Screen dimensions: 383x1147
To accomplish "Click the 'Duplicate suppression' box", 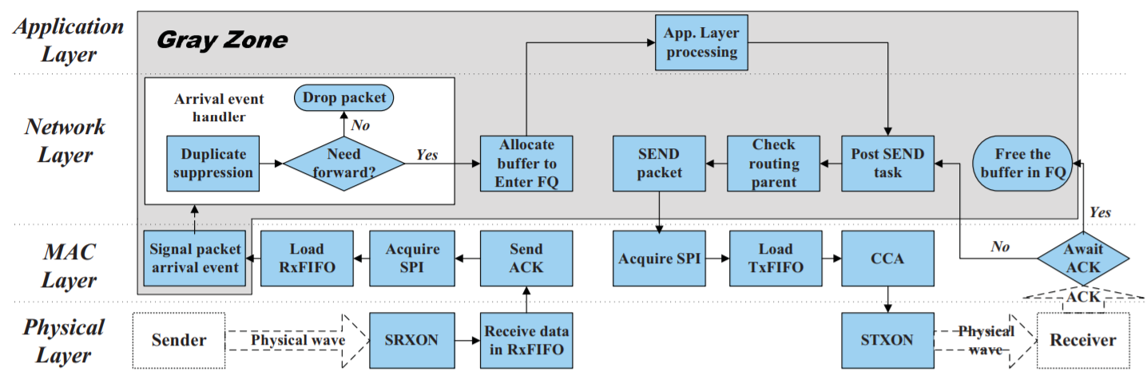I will (x=213, y=163).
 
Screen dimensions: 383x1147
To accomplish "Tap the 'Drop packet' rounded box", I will (x=344, y=98).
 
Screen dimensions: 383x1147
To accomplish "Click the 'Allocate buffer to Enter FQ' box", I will (x=526, y=163).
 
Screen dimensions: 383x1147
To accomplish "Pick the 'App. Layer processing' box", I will (x=701, y=42).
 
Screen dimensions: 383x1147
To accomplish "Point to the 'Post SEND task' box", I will (x=888, y=163).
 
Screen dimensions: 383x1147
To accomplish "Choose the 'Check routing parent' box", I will (x=773, y=163).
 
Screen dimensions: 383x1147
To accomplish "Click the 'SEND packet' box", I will (x=659, y=163).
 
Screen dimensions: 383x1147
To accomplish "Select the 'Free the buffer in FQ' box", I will (x=1022, y=164).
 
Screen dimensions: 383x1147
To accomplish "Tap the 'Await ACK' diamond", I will (x=1083, y=258).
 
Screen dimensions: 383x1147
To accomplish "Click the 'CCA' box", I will (x=887, y=258).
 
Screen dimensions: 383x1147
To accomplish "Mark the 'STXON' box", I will (x=887, y=340).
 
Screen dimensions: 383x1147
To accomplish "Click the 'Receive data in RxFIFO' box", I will (x=526, y=340).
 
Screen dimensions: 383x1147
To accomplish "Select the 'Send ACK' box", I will (x=526, y=258).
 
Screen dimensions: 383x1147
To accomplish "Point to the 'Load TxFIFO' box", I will (x=773, y=258).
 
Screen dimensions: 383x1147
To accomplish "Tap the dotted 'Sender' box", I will (x=179, y=340).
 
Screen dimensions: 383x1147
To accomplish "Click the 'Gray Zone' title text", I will (x=221, y=39).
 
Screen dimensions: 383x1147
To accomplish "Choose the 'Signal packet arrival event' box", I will (x=194, y=258).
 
